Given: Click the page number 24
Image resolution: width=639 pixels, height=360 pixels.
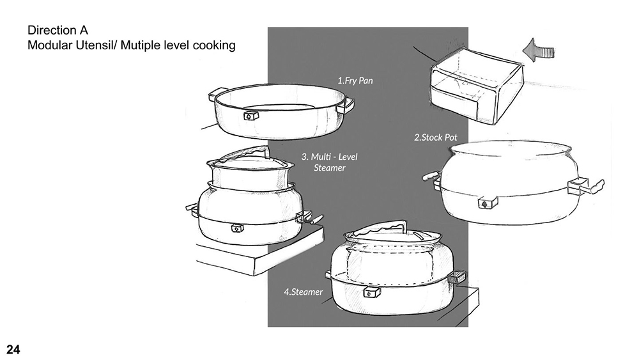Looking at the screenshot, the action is click(13, 349).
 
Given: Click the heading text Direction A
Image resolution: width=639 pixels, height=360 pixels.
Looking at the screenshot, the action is click(58, 30).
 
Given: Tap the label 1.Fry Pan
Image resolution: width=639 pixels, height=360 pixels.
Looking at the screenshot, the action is click(355, 81).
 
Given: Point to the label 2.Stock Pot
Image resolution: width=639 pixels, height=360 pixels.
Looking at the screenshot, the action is click(436, 137).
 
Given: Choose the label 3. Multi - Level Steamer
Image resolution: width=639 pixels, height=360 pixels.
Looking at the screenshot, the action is click(329, 162).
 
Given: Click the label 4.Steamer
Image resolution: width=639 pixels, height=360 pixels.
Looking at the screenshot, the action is click(303, 292).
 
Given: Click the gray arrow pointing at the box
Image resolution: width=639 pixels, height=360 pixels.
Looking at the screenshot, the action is click(539, 50).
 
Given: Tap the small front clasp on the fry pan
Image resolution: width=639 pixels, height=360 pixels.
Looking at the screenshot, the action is click(251, 116).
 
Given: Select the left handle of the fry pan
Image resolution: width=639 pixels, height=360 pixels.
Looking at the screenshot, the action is click(217, 95).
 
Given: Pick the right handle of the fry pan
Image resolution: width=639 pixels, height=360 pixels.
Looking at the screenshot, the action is click(348, 105).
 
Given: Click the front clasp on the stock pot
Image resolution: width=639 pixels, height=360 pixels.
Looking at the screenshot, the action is click(488, 202).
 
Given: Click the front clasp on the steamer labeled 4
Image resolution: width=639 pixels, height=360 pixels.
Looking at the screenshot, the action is click(371, 292).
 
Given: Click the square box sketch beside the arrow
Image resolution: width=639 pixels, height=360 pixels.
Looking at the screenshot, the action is click(477, 86).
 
